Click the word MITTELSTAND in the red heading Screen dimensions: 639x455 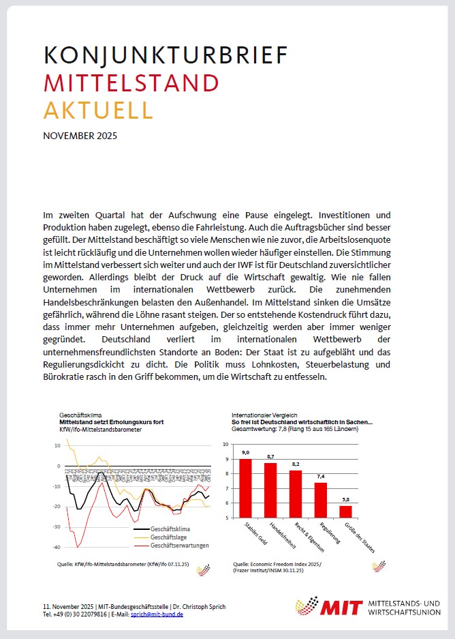pyautogui.click(x=131, y=83)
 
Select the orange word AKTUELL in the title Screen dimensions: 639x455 pyautogui.click(x=98, y=110)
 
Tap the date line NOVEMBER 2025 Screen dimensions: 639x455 pyautogui.click(x=80, y=135)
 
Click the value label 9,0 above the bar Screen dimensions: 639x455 pyautogui.click(x=245, y=453)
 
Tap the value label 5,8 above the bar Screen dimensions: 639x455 pyautogui.click(x=345, y=500)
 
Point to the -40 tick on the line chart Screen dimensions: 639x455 pyautogui.click(x=57, y=548)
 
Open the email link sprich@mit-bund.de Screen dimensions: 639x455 pyautogui.click(x=156, y=614)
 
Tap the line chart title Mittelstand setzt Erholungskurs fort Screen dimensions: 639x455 pyautogui.click(x=112, y=422)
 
